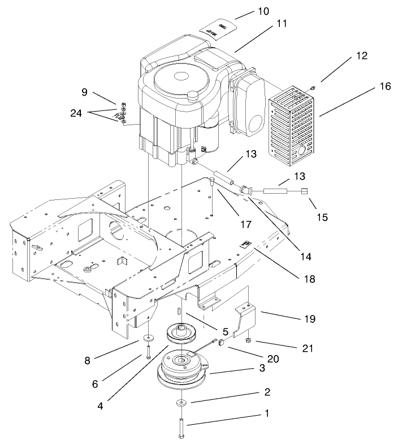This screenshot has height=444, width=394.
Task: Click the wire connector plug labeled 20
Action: tap(220, 343)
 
